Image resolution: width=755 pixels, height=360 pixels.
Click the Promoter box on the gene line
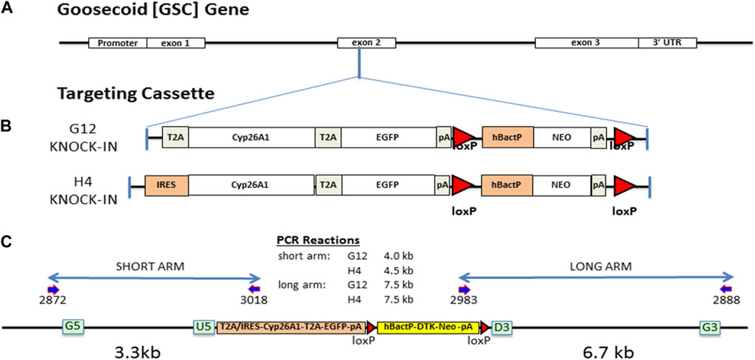point(117,43)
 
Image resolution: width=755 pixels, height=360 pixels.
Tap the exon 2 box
point(359,43)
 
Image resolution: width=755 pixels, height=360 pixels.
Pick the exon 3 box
point(586,43)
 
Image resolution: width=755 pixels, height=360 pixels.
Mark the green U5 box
point(203,326)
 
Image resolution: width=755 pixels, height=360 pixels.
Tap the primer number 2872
point(53,301)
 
